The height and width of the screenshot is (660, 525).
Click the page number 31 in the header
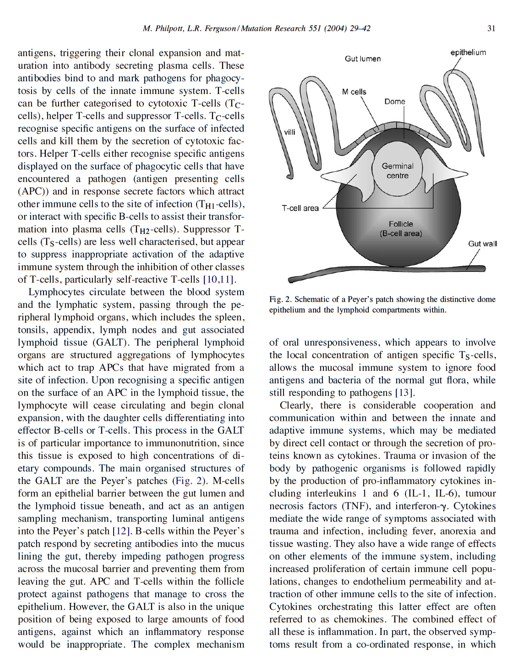tap(491, 28)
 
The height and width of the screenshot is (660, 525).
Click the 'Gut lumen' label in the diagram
tap(362, 59)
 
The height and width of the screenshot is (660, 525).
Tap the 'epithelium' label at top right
tap(468, 52)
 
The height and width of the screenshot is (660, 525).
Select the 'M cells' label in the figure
tap(354, 92)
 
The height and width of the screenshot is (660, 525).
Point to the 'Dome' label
tap(394, 101)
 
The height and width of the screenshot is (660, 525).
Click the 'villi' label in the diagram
tap(290, 132)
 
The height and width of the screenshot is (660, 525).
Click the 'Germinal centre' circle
tap(397, 171)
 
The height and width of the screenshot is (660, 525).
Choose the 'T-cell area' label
tap(300, 208)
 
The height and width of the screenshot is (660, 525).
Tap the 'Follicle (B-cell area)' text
tap(400, 229)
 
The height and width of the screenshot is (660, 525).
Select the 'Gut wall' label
tap(482, 243)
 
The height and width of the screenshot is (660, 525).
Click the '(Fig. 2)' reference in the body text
tap(190, 481)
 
